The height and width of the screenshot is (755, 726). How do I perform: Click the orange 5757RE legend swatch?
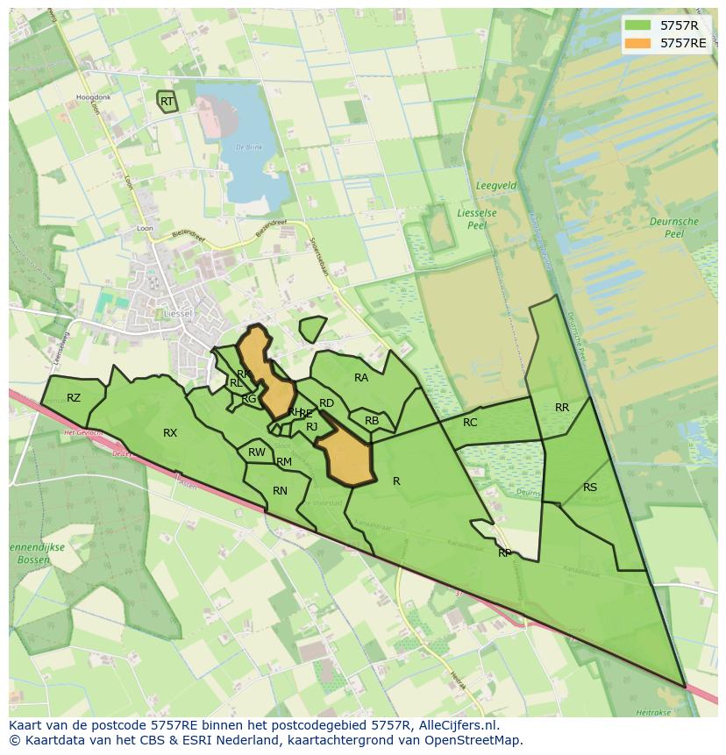point(639,43)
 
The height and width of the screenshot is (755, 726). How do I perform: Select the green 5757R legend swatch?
point(639,25)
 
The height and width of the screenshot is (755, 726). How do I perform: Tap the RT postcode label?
point(167,102)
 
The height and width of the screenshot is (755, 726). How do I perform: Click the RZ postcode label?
point(74,398)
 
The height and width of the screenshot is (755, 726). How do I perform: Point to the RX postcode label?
point(170,433)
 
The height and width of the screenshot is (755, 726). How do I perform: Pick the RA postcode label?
point(361,378)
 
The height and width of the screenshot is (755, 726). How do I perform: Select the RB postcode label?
point(372,421)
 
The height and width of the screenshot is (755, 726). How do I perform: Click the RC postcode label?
point(470,423)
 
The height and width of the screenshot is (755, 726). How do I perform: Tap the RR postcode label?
point(562,408)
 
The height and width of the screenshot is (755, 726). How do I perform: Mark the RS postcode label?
point(590,488)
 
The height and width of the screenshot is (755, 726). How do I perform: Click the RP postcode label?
point(505,553)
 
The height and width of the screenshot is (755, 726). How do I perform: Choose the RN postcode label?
point(280,491)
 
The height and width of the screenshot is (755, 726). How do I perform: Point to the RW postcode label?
point(256,452)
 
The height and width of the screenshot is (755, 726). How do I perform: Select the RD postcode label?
point(326,403)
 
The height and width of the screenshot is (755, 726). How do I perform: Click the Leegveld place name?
point(495,187)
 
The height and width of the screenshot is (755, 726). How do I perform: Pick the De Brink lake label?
point(249,147)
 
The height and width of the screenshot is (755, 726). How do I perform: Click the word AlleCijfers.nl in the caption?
point(457,726)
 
